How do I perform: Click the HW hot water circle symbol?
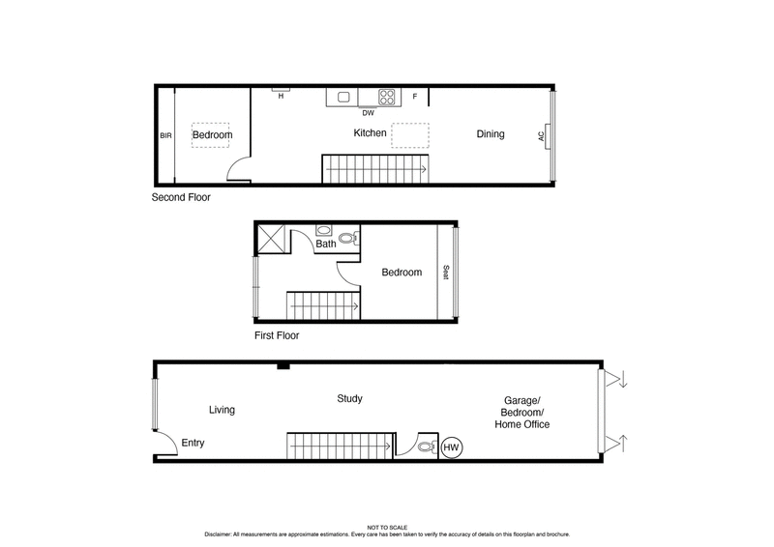click(x=451, y=447)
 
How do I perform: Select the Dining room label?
click(x=491, y=134)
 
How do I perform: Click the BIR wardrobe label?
click(x=164, y=136)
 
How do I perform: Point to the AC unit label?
click(x=542, y=136)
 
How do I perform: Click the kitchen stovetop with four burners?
click(x=387, y=97)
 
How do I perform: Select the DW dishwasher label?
click(x=368, y=112)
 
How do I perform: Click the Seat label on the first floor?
click(x=446, y=273)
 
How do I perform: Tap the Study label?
click(x=349, y=398)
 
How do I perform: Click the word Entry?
click(x=193, y=444)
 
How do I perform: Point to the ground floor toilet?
click(x=427, y=447)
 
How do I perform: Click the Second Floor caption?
click(x=181, y=197)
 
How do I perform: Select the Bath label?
click(x=327, y=245)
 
